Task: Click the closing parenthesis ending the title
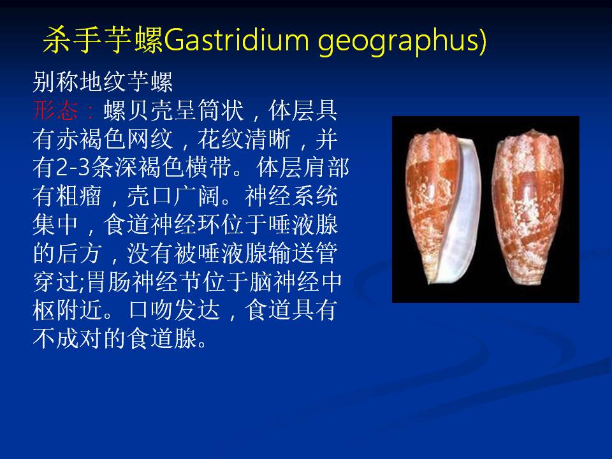coord(483,41)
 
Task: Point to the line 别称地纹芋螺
coord(103,82)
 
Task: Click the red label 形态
coord(55,110)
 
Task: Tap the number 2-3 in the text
coord(73,168)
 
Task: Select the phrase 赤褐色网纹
coord(114,139)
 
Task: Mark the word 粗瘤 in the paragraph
coord(79,196)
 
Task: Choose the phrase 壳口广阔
coord(173,196)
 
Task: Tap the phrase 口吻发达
coord(173,310)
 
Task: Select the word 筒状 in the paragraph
coord(221,110)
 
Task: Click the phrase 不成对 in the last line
coord(68,339)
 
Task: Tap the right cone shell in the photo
coord(530,207)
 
